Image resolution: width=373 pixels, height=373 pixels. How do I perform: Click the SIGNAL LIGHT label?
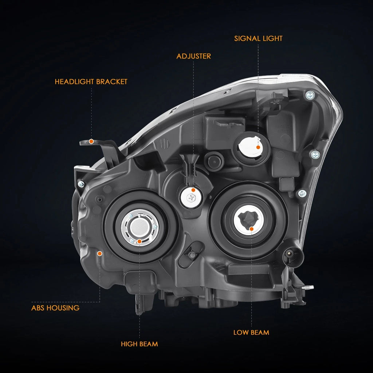point(258,39)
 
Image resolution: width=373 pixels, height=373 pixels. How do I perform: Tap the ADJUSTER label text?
point(194,56)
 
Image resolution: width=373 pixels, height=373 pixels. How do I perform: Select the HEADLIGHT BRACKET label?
point(91,82)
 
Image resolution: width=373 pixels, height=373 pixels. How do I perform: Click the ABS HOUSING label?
point(55,308)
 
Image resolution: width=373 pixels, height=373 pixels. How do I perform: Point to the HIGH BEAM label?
point(140,344)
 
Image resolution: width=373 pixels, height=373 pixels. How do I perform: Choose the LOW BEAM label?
point(251,333)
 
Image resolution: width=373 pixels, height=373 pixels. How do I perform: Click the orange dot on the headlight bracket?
point(91,142)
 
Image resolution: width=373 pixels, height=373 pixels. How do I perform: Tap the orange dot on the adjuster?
point(193,190)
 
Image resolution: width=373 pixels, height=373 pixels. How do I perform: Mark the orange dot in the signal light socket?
point(258,147)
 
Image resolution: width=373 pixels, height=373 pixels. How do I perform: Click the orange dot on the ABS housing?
point(100,254)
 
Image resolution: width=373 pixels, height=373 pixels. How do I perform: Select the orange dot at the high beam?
point(140,242)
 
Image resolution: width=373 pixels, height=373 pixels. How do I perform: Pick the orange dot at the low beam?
point(251,229)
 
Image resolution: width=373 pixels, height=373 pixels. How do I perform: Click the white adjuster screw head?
point(191,197)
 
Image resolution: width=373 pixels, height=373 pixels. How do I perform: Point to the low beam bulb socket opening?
point(248,220)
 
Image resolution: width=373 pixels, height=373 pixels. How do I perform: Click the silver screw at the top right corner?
point(310,96)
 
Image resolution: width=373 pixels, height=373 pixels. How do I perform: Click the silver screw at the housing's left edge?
point(81,184)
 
